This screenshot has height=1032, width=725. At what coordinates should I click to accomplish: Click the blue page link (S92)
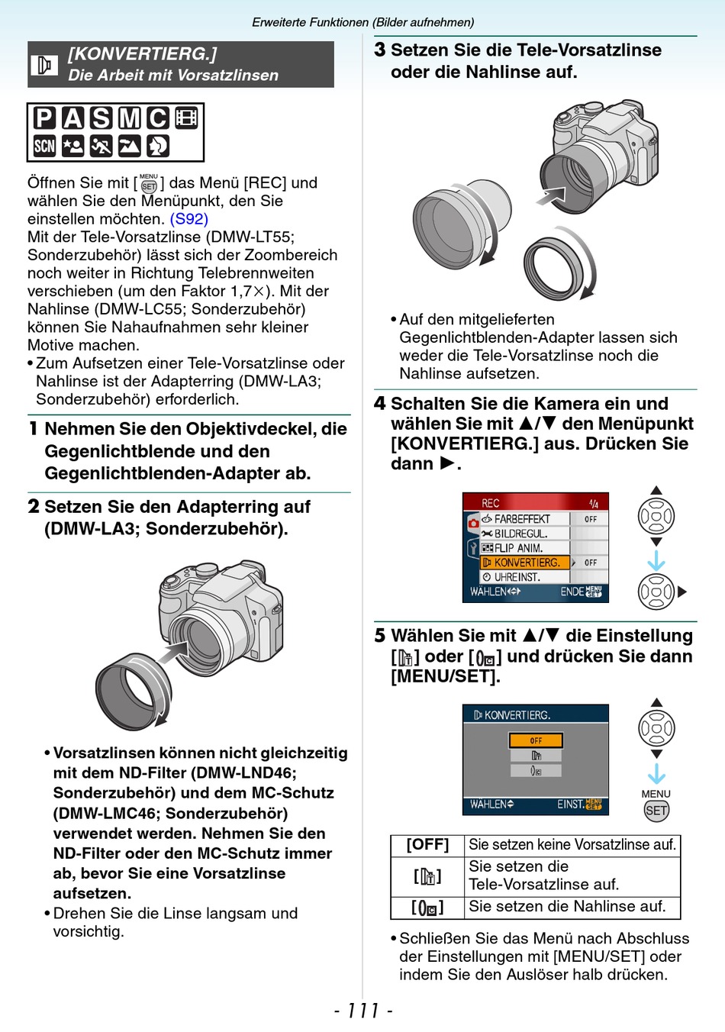(x=188, y=219)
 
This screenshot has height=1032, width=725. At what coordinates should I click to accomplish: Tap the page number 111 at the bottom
(x=363, y=1011)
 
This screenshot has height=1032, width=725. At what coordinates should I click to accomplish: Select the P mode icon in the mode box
(x=44, y=118)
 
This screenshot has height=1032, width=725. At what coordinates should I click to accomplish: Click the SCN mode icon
(x=44, y=146)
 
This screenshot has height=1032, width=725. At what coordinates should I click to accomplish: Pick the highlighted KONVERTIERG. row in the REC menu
(x=525, y=563)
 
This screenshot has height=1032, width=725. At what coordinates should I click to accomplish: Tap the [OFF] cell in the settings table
(x=427, y=845)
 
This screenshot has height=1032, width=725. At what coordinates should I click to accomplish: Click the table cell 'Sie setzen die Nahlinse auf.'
(x=566, y=907)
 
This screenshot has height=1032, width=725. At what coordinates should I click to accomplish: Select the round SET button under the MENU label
(x=656, y=811)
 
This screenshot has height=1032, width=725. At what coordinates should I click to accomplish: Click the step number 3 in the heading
(x=380, y=50)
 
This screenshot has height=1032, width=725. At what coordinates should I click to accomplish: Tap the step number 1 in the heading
(x=34, y=429)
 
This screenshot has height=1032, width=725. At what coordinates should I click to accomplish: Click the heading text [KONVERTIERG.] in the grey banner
(x=143, y=54)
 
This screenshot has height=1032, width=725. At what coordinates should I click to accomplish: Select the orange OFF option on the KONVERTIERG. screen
(x=536, y=740)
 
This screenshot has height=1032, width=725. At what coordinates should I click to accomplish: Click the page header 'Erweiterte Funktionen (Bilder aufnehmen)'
(x=363, y=22)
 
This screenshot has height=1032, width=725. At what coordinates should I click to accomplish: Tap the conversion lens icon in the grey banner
(x=44, y=65)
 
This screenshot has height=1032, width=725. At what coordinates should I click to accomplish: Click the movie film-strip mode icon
(x=186, y=118)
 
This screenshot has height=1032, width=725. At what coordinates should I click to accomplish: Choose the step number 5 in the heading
(x=380, y=636)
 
